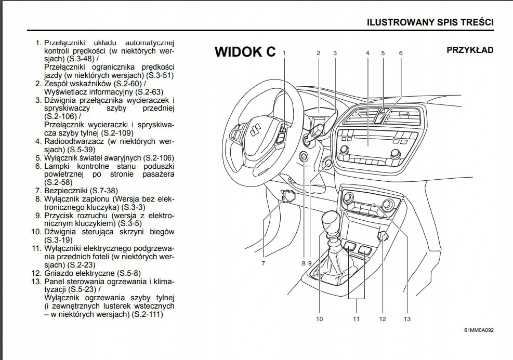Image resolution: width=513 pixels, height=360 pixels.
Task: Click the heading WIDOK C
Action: (x=245, y=52)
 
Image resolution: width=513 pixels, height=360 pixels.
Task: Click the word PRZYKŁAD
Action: (x=470, y=50)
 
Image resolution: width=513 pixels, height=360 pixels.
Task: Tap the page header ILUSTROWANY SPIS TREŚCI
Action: (x=430, y=22)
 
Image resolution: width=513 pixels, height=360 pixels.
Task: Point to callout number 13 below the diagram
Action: (x=406, y=318)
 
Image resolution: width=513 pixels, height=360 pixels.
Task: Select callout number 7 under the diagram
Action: (x=264, y=263)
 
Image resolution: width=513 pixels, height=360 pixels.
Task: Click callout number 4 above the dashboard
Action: (x=367, y=53)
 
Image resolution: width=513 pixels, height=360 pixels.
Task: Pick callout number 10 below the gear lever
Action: (x=319, y=318)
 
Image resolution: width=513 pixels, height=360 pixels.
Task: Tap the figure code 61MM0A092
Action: (x=479, y=330)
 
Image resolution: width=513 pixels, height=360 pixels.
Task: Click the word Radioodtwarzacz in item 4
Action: (x=74, y=141)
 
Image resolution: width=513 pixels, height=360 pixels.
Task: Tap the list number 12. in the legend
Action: (x=36, y=273)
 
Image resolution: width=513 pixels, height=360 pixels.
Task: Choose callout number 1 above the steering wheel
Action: (x=284, y=53)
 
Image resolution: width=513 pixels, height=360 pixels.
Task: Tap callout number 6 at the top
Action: (x=400, y=53)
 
